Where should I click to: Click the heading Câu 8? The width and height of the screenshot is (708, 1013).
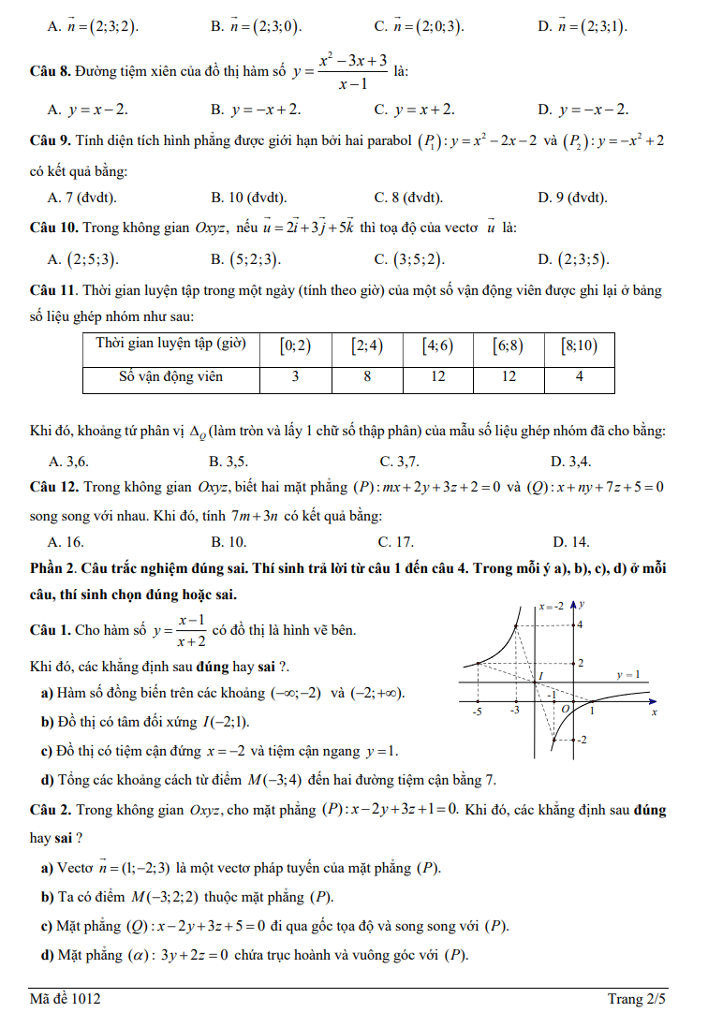[51, 71]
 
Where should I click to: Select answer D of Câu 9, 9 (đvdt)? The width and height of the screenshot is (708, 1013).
[572, 198]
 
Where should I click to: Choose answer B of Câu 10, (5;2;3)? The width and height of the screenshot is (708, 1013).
[245, 259]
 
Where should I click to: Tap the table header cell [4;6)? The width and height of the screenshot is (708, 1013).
[437, 345]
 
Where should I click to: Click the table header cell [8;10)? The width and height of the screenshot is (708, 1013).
[579, 345]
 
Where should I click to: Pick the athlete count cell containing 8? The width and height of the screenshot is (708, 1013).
[367, 377]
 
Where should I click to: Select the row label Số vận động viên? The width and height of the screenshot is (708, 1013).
[170, 377]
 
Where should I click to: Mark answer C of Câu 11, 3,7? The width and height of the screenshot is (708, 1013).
[400, 461]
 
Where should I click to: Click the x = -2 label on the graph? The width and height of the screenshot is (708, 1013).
[551, 606]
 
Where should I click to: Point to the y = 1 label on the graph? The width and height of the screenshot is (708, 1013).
[628, 674]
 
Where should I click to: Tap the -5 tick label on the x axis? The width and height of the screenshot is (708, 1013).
[477, 712]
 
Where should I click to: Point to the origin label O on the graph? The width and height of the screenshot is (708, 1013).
[566, 710]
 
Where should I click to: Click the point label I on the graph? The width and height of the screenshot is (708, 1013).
[540, 675]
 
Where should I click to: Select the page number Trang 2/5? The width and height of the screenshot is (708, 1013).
[637, 999]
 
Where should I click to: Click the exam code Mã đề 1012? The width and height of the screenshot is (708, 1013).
[66, 999]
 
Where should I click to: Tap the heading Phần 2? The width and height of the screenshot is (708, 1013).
[56, 568]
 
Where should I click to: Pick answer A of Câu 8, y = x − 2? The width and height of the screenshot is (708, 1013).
[89, 110]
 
